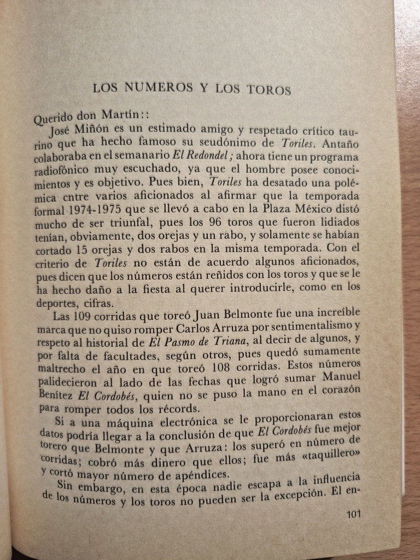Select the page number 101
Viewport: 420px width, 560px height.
354,514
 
